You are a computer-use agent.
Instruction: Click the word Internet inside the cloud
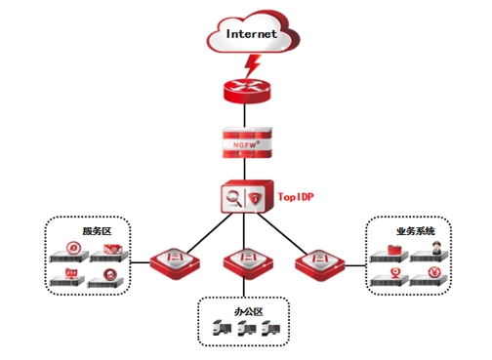[x=252, y=34]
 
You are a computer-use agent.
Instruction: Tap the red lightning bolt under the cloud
[x=253, y=66]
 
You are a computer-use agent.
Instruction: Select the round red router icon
[x=247, y=91]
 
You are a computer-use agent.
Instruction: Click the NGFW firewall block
[x=247, y=143]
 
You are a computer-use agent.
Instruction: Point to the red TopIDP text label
[x=296, y=197]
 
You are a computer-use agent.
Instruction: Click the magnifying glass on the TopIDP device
[x=233, y=198]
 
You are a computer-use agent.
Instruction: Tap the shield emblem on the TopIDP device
[x=255, y=198]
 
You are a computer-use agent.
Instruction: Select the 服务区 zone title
[x=97, y=231]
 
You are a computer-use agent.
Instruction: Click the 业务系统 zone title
[x=416, y=231]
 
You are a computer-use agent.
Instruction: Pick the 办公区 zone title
[x=249, y=312]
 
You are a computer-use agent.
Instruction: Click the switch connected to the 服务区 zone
[x=175, y=263]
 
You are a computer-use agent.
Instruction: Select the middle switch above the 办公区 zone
[x=248, y=263]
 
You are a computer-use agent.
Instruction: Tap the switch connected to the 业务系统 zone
[x=319, y=264]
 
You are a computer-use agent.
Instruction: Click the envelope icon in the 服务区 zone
[x=113, y=249]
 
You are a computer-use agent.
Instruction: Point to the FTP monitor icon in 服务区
[x=71, y=273]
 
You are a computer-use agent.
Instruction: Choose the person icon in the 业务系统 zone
[x=435, y=248]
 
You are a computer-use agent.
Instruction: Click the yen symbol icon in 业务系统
[x=434, y=272]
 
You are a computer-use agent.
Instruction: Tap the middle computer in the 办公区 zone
[x=247, y=328]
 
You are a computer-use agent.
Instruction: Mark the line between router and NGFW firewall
[x=245, y=115]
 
